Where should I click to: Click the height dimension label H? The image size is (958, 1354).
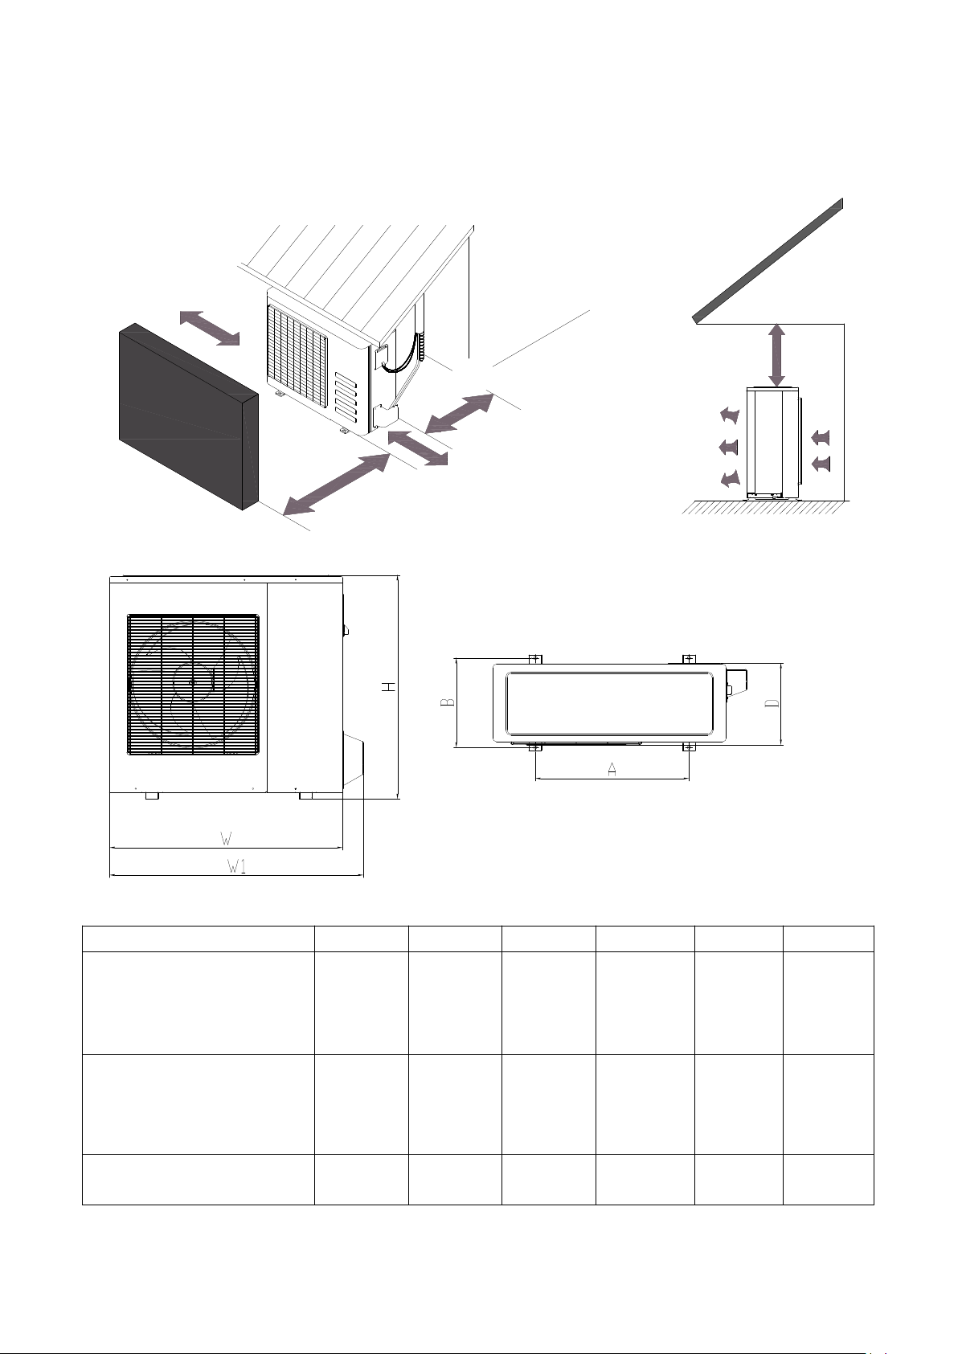click(x=391, y=687)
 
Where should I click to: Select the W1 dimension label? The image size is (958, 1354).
click(x=236, y=866)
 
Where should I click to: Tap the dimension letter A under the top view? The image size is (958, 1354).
click(x=612, y=770)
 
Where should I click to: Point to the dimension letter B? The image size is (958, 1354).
click(x=448, y=702)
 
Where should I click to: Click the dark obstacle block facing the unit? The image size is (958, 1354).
click(x=189, y=416)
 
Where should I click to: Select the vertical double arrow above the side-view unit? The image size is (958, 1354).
click(x=777, y=355)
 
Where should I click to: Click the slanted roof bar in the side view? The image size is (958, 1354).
click(x=768, y=260)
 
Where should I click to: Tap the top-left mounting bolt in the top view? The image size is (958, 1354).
click(x=535, y=659)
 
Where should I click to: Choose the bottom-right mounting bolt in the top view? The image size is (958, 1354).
click(x=689, y=748)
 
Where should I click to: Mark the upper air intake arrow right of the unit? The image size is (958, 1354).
click(x=821, y=437)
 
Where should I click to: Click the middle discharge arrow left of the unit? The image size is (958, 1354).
click(x=729, y=448)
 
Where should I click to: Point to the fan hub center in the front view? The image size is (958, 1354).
click(x=193, y=682)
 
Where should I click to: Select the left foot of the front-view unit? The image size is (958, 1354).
click(x=153, y=796)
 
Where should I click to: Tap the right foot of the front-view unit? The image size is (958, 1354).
click(x=306, y=796)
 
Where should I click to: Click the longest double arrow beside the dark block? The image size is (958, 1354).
click(x=337, y=485)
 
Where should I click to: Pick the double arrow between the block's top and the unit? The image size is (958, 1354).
click(x=210, y=327)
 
